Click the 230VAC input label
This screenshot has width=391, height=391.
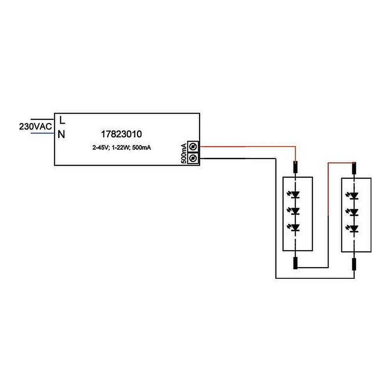36,127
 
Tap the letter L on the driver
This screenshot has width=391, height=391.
62,119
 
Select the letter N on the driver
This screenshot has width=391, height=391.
61,135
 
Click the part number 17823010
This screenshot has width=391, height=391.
121,134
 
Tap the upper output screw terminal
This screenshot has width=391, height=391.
193,147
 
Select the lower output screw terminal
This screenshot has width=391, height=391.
193,158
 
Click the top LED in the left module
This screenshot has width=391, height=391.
296,194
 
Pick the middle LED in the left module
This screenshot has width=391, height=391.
296,211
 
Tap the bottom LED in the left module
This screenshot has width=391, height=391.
296,228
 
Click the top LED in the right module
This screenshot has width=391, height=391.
355,195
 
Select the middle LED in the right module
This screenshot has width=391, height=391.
355,212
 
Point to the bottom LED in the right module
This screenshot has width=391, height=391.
355,228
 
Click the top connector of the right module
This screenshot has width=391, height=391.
355,168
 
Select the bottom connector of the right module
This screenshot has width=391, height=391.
355,264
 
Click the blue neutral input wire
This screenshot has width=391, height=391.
42,133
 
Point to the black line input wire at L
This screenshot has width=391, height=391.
42,119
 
